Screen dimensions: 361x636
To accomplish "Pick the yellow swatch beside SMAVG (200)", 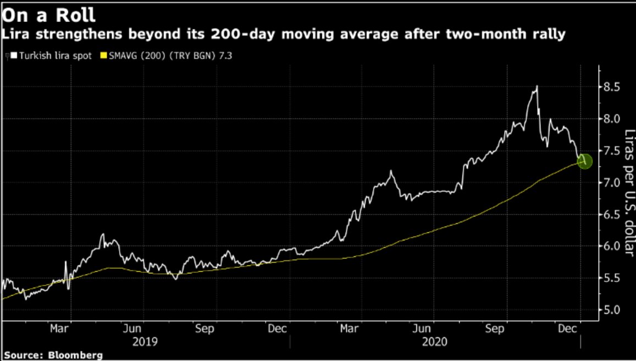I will point(102,56).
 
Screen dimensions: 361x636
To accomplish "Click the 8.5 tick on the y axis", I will point(612,87).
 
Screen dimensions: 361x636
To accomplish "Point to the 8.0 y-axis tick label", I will point(612,119).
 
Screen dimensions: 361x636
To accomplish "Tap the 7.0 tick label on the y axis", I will point(612,183).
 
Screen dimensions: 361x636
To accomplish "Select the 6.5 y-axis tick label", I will point(612,215).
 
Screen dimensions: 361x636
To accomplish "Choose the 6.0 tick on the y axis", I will point(612,246).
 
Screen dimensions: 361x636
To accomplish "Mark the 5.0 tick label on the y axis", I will point(612,310).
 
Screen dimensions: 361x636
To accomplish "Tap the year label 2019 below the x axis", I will point(145,342).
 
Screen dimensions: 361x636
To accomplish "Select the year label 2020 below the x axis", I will point(434,342).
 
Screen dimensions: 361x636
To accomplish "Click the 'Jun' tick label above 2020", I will point(422,329).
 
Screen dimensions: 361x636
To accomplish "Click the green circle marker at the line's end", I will point(584,161).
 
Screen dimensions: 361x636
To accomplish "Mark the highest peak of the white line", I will point(536,86).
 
